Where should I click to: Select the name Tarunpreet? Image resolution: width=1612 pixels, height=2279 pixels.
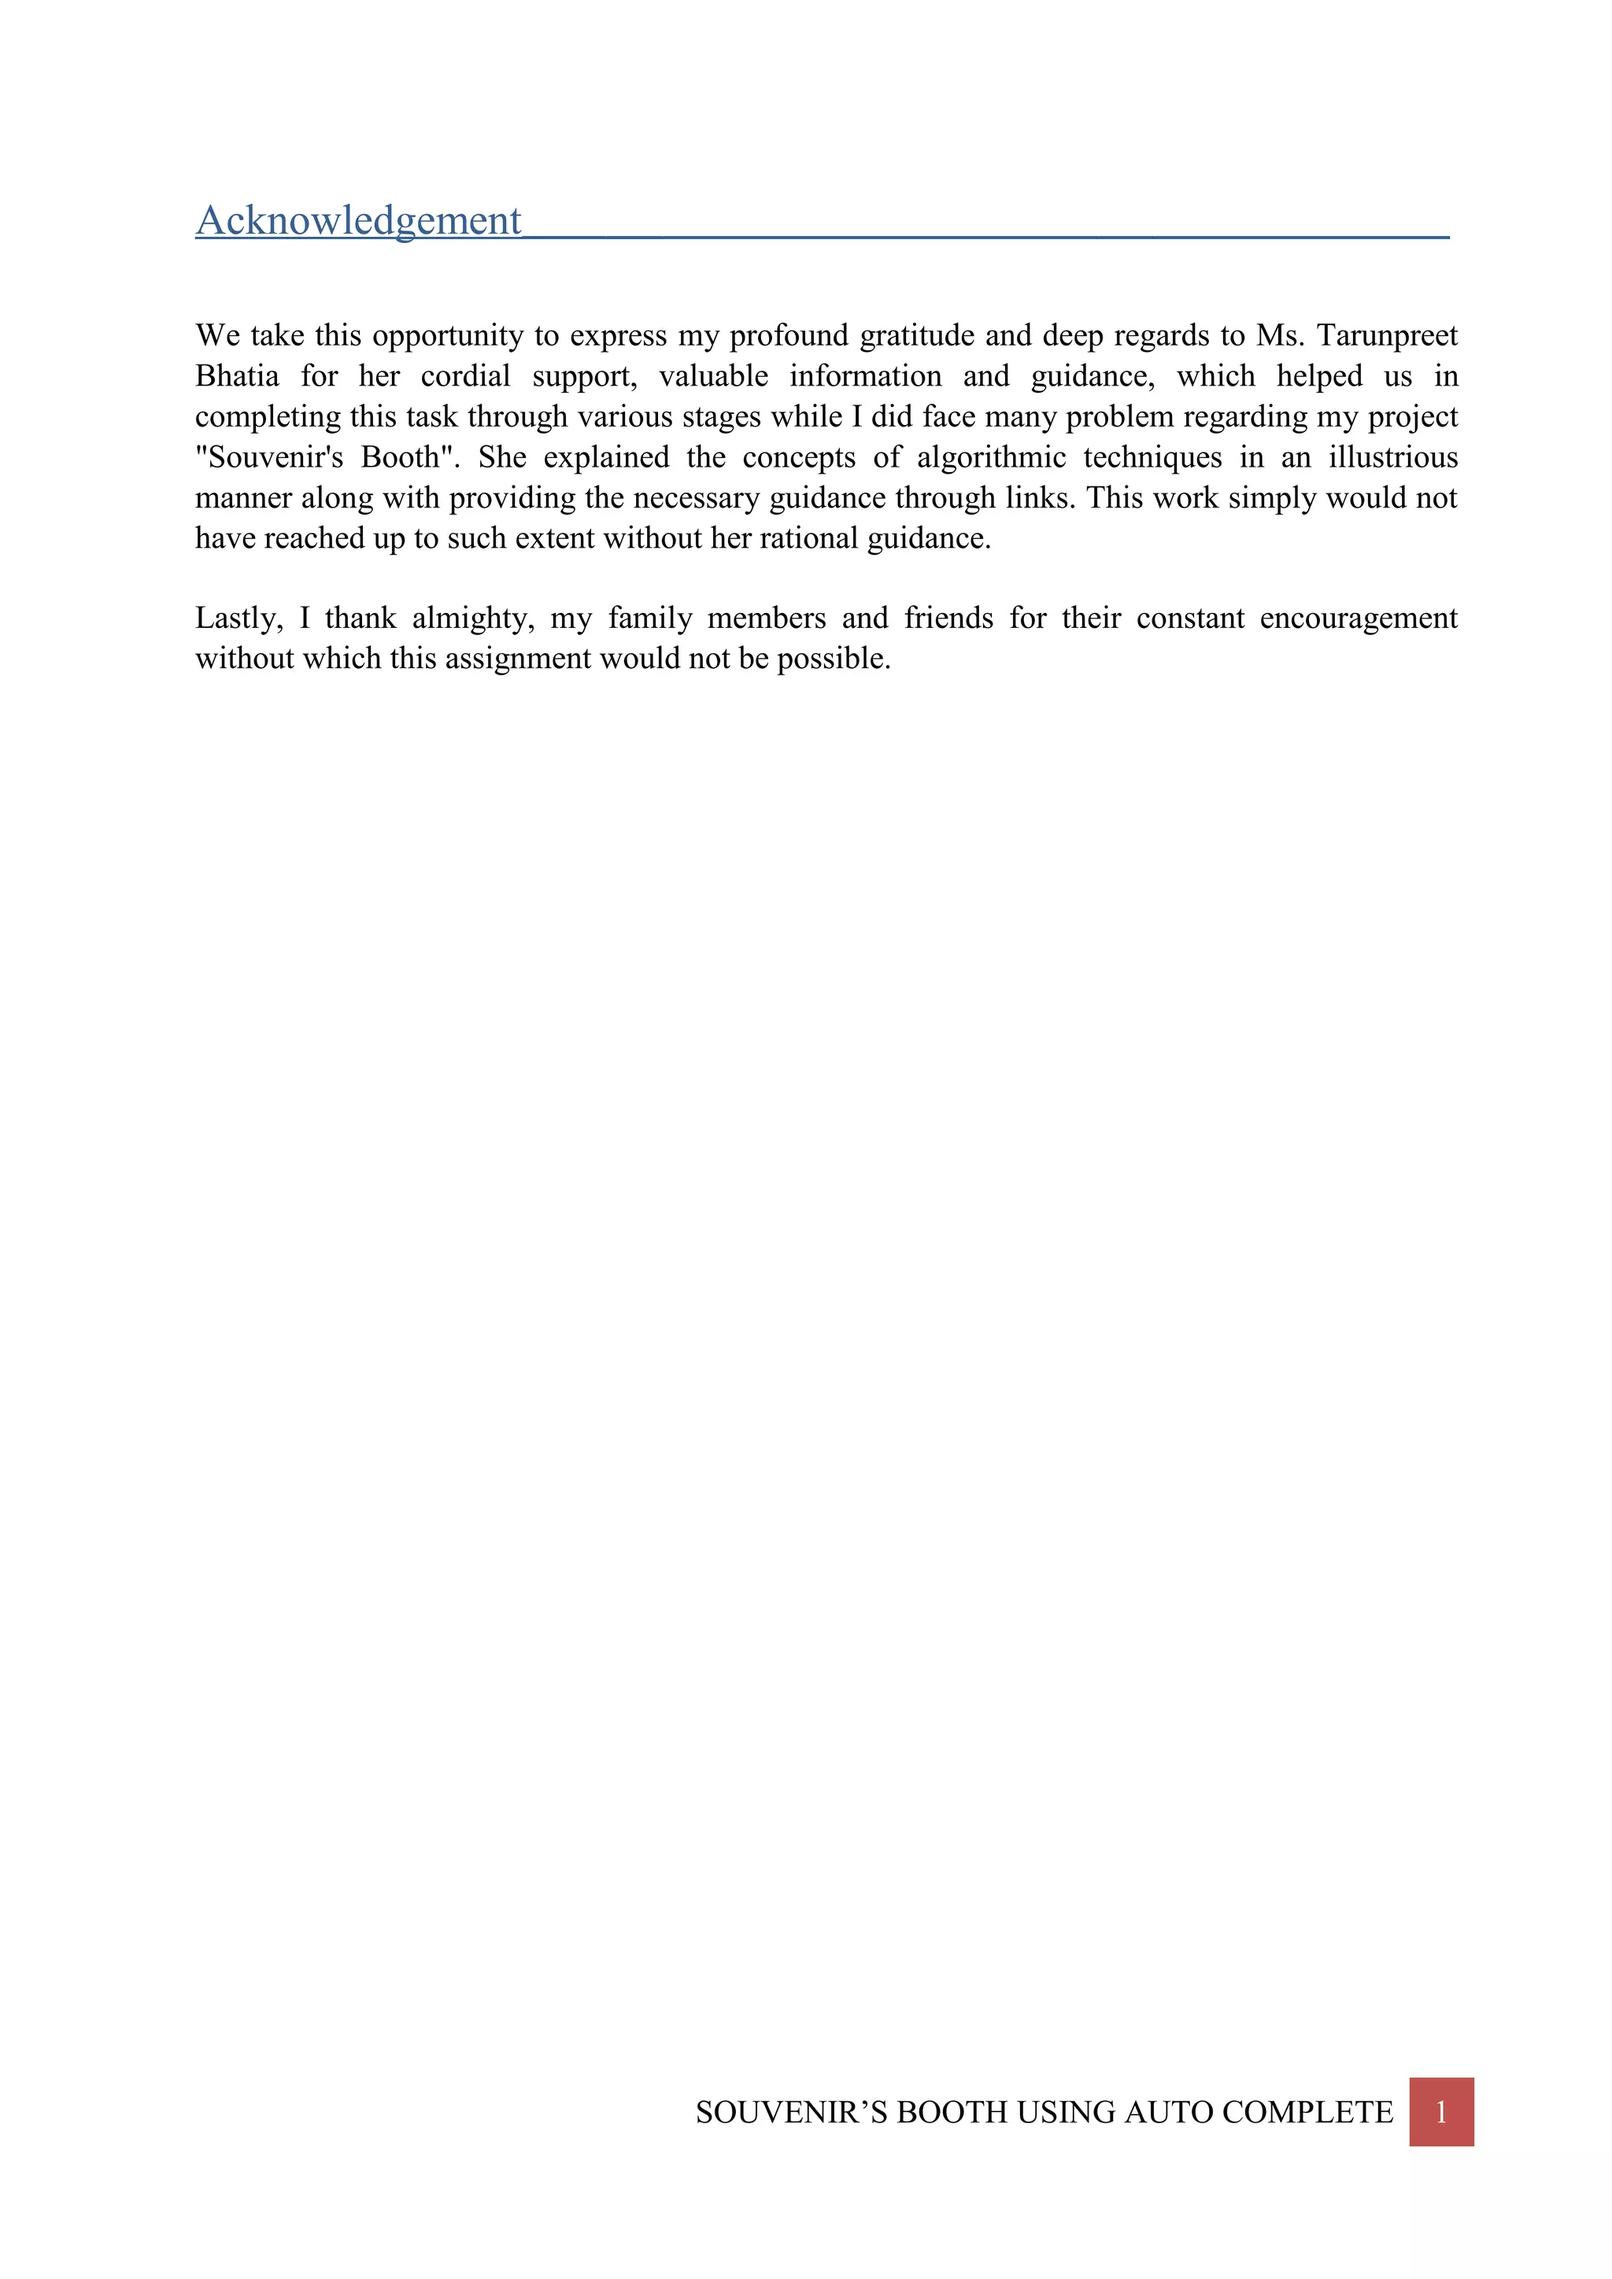click(1387, 335)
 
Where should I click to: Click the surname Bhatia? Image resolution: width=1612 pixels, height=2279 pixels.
click(237, 376)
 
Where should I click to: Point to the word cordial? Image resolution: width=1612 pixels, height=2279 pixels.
click(465, 376)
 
